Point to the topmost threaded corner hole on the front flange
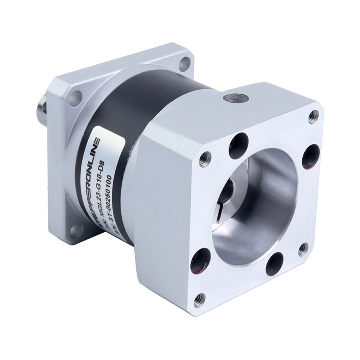click(x=310, y=118)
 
